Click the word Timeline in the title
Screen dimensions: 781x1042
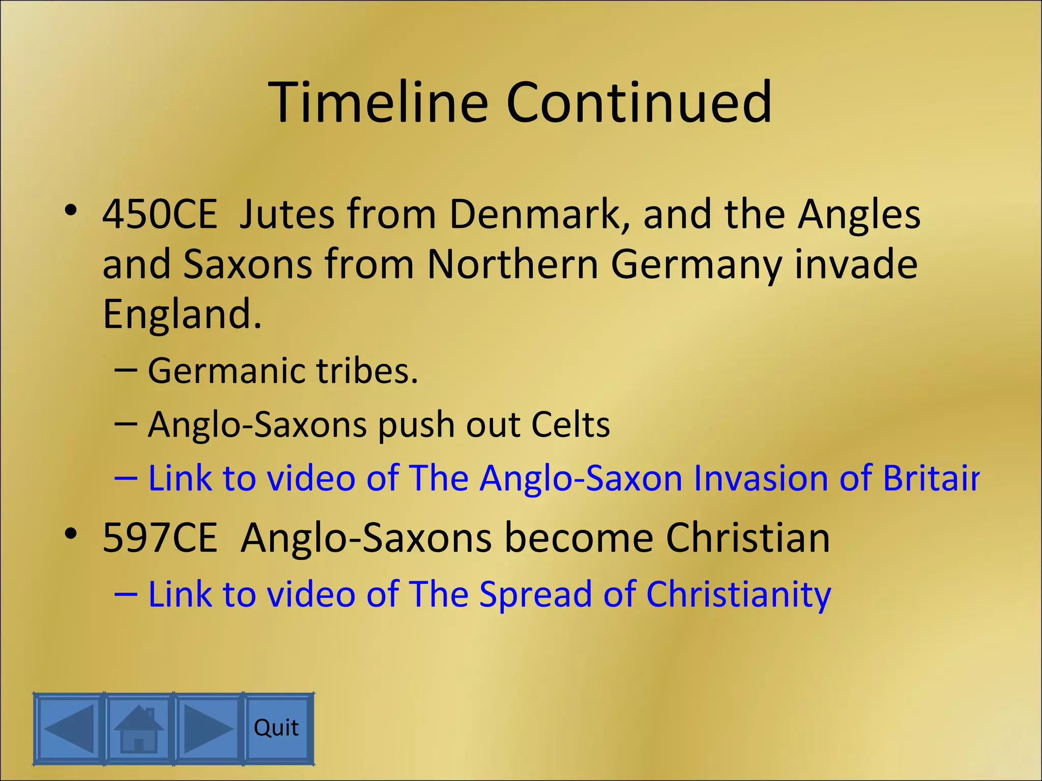pyautogui.click(x=378, y=103)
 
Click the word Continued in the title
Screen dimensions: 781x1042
pyautogui.click(x=639, y=103)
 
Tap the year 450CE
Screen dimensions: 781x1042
pyautogui.click(x=160, y=214)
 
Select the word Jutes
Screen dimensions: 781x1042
pyautogui.click(x=286, y=214)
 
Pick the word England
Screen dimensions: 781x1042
pyautogui.click(x=182, y=314)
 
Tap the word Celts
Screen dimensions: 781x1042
pyautogui.click(x=570, y=425)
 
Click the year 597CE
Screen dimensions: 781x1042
pyautogui.click(x=160, y=538)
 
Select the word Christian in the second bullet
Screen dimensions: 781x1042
pyautogui.click(x=747, y=538)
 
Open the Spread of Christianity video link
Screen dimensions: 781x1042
pyautogui.click(x=489, y=594)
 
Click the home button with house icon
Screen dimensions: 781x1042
pyautogui.click(x=139, y=728)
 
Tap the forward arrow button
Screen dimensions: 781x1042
pyautogui.click(x=208, y=728)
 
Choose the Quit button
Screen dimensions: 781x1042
pyautogui.click(x=277, y=728)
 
